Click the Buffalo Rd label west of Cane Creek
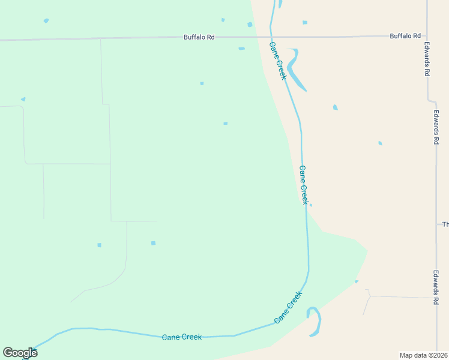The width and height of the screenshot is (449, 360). [x=199, y=37]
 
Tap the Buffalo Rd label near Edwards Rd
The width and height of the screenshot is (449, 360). [x=405, y=36]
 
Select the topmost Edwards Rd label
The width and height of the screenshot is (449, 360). [x=427, y=58]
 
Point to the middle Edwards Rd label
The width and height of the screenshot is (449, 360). [x=436, y=127]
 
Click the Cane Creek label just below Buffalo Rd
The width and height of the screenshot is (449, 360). [x=278, y=61]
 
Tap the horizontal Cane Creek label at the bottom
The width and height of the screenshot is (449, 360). [x=182, y=337]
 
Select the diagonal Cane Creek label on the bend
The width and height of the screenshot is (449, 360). [x=288, y=308]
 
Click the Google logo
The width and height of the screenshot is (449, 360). [x=20, y=353]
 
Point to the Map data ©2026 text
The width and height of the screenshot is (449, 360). [x=424, y=355]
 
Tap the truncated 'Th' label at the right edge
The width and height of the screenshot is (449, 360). [x=445, y=224]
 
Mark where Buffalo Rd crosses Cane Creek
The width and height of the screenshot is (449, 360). [x=271, y=37]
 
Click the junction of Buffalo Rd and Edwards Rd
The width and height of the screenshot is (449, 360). [x=427, y=36]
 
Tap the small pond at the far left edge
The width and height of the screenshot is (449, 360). [x=23, y=99]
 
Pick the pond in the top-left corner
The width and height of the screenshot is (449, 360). [x=46, y=21]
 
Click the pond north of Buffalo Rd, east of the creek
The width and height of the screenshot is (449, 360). [x=305, y=23]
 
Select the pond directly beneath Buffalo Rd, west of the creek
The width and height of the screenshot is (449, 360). [x=241, y=49]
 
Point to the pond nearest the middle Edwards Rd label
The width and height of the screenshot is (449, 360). [x=380, y=143]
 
